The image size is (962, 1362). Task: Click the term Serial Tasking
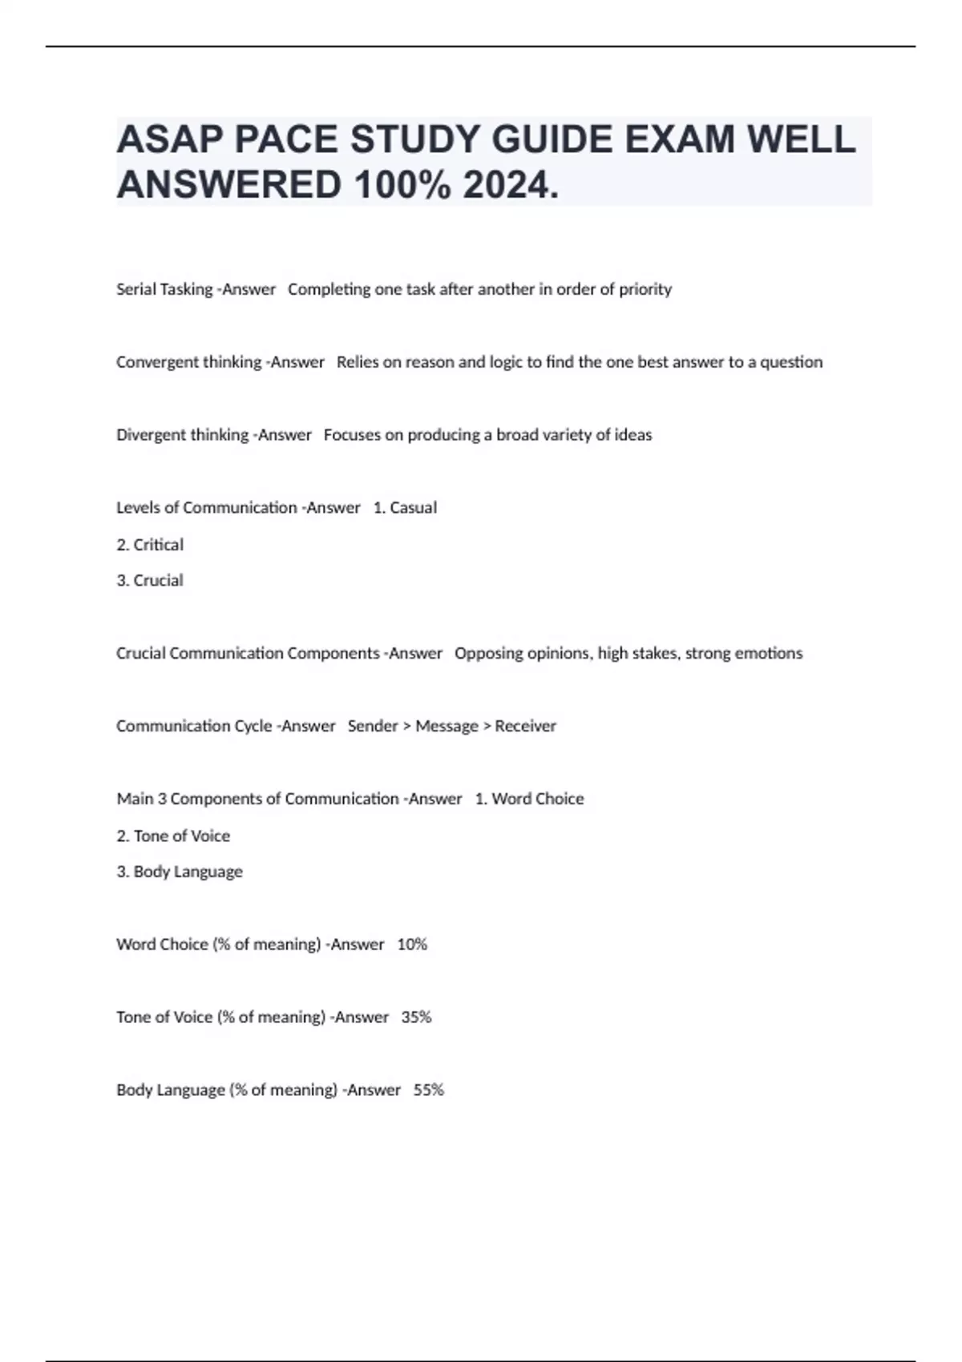pos(164,289)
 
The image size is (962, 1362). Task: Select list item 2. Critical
pos(150,545)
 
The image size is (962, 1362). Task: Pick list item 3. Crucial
pos(150,580)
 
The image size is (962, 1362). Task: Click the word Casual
pos(413,508)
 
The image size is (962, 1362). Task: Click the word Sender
pos(373,726)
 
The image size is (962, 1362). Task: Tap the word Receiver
pos(525,726)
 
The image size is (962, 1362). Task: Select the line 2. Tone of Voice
pos(173,836)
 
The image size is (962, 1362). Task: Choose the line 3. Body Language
pos(180,872)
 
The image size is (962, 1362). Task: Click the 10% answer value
pos(412,945)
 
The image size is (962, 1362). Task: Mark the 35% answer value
pos(416,1017)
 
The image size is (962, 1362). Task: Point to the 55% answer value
pos(428,1090)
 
